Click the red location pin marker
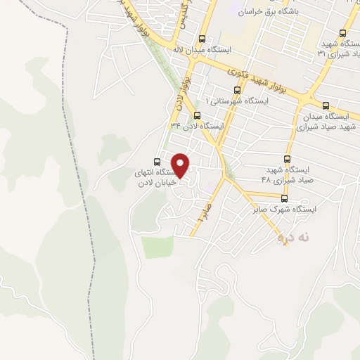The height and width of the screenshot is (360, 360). pyautogui.click(x=181, y=164)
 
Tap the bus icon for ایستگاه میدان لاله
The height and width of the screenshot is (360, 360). pyautogui.click(x=202, y=39)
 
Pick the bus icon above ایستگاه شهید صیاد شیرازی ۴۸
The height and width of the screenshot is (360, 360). pyautogui.click(x=286, y=159)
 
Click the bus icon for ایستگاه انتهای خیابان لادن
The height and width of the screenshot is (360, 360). pyautogui.click(x=156, y=160)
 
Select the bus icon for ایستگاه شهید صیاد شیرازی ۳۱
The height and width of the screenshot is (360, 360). pyautogui.click(x=342, y=33)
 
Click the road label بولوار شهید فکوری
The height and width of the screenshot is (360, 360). pyautogui.click(x=259, y=78)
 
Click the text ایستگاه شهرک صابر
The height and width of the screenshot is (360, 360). pyautogui.click(x=285, y=210)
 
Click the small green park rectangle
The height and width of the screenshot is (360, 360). pyautogui.click(x=157, y=247)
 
